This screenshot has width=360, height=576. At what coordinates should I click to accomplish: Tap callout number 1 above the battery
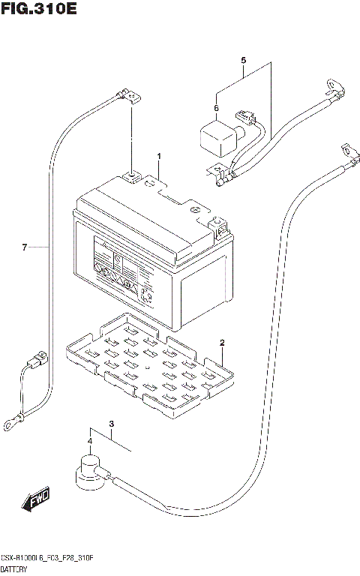tap(159, 155)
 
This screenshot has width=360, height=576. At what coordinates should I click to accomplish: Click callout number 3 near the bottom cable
tap(111, 425)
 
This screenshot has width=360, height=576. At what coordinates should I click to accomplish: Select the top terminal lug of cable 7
tap(130, 95)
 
